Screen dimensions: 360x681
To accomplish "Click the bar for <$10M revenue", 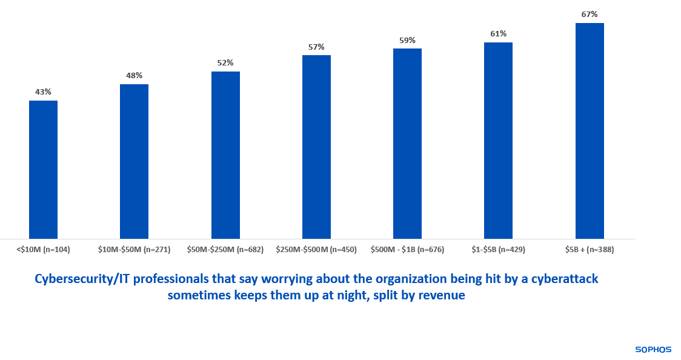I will pyautogui.click(x=43, y=170).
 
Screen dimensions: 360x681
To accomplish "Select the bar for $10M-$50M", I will pyautogui.click(x=134, y=161).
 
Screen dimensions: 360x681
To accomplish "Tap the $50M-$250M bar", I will pyautogui.click(x=225, y=155).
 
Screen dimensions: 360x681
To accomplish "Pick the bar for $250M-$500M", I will pyautogui.click(x=316, y=147).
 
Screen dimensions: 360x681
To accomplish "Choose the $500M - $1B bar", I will pyautogui.click(x=407, y=144).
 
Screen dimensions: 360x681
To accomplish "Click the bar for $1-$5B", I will pyautogui.click(x=498, y=141).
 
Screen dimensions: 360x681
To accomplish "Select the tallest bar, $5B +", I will pyautogui.click(x=590, y=131).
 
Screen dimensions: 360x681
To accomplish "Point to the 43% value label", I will pyautogui.click(x=43, y=92).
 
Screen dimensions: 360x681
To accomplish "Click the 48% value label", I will pyautogui.click(x=134, y=76).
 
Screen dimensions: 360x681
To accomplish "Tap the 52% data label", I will pyautogui.click(x=225, y=63).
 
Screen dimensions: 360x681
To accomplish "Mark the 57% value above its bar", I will pyautogui.click(x=316, y=47).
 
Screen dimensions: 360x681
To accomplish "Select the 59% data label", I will pyautogui.click(x=407, y=40).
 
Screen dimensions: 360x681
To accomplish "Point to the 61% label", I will pyautogui.click(x=498, y=34).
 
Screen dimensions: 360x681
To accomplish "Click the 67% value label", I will pyautogui.click(x=590, y=14).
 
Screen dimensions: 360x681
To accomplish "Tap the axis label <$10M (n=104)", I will pyautogui.click(x=43, y=249).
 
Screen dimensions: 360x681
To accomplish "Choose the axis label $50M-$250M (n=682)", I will pyautogui.click(x=225, y=249).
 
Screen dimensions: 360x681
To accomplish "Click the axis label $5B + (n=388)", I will pyautogui.click(x=590, y=249).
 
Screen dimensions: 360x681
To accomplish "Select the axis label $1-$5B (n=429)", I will pyautogui.click(x=498, y=249).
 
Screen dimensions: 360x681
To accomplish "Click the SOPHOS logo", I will pyautogui.click(x=653, y=349).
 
